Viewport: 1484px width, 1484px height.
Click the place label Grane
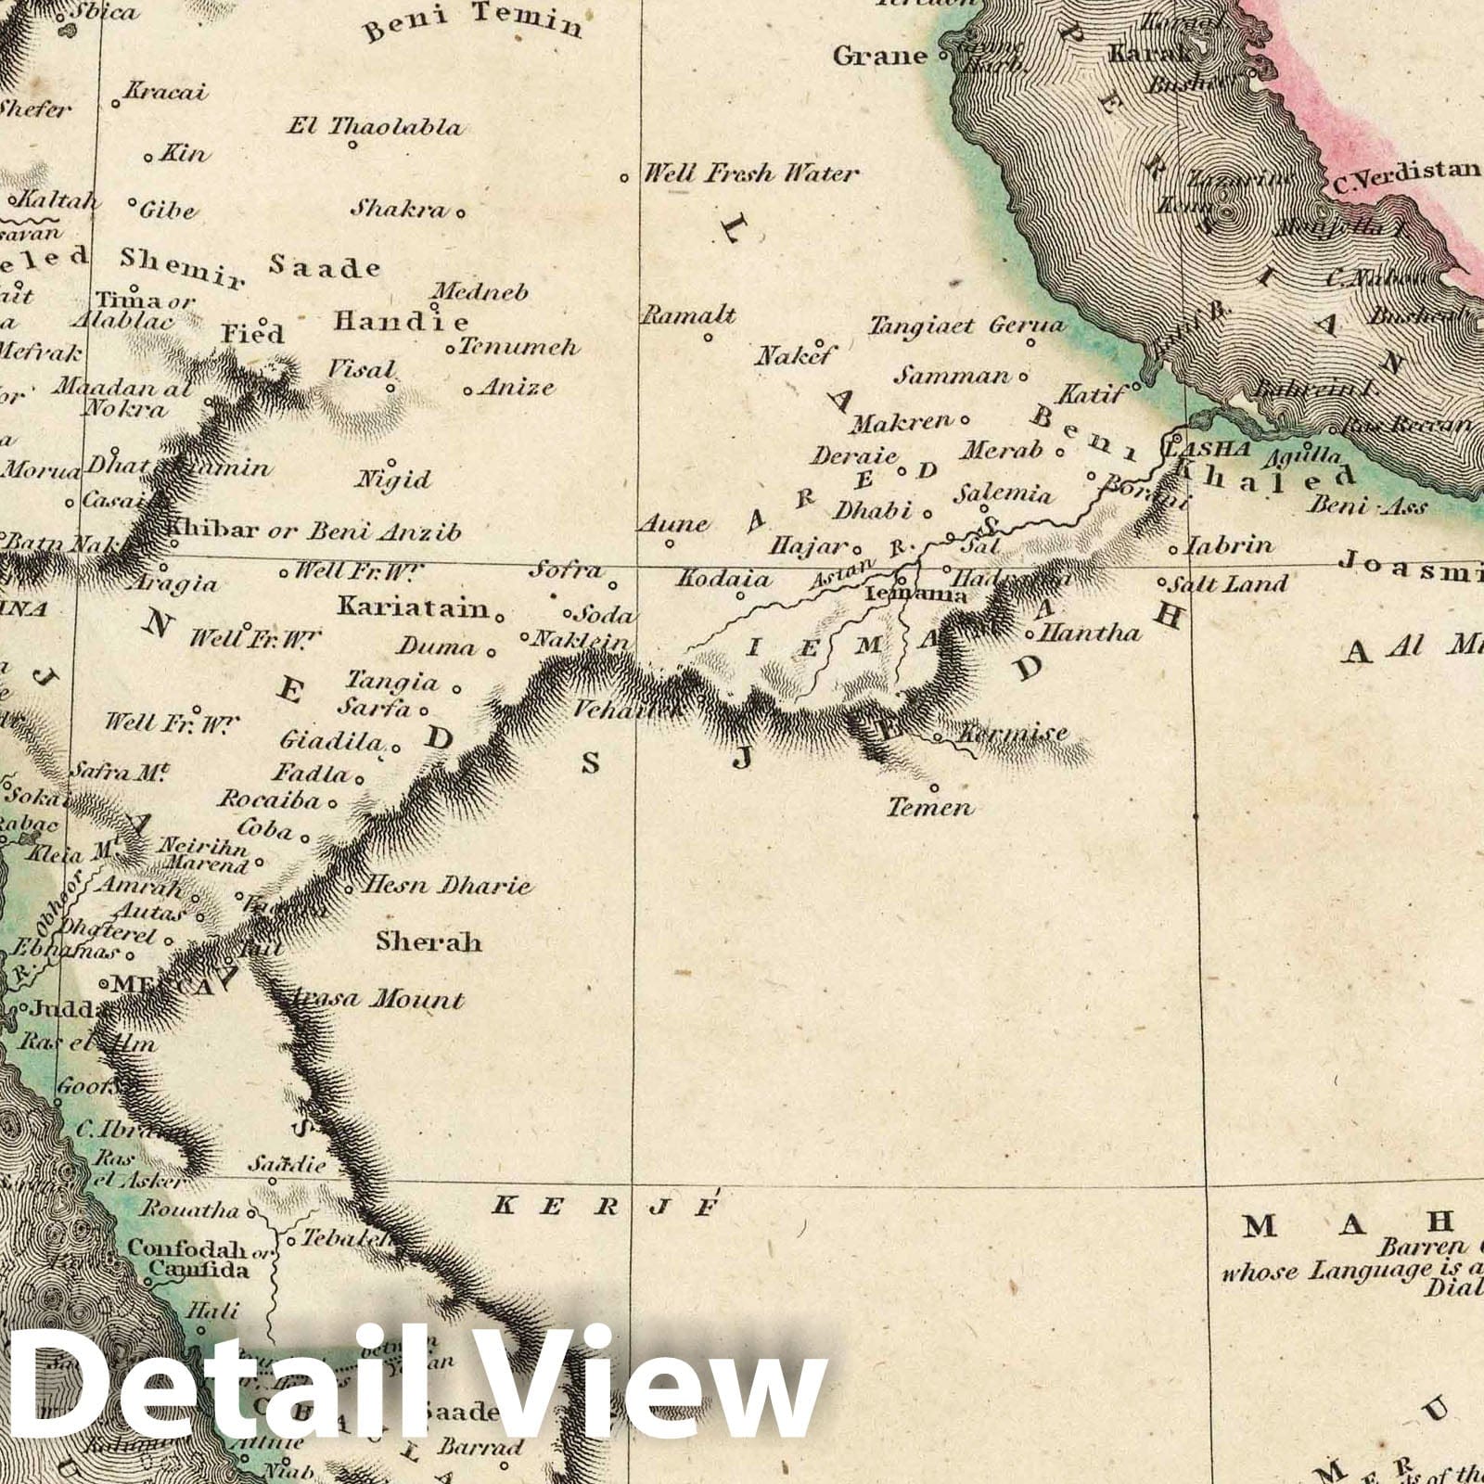(x=879, y=56)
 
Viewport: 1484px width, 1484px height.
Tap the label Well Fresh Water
(x=751, y=173)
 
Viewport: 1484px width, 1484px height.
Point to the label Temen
(x=930, y=808)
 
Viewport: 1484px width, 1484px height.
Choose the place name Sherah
(x=429, y=942)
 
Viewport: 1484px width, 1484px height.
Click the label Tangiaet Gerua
(x=966, y=326)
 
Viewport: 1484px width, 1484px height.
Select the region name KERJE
(x=606, y=1207)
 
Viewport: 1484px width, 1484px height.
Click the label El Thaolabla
(x=374, y=126)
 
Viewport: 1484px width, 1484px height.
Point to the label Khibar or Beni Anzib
(x=313, y=531)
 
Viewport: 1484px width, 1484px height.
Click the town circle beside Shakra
(x=460, y=211)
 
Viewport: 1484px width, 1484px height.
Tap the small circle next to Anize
(x=467, y=390)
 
